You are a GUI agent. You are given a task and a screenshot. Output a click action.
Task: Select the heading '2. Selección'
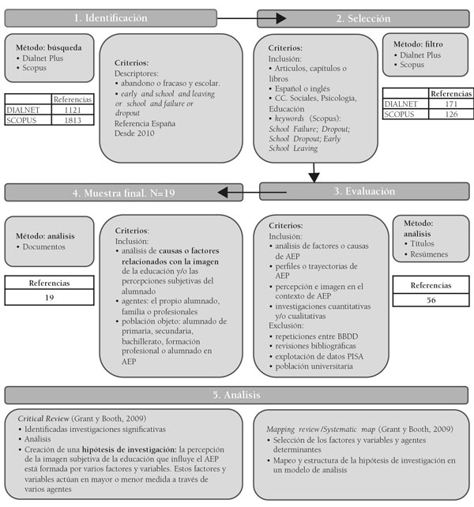[366, 17]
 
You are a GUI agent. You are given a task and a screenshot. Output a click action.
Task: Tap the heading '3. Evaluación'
[366, 191]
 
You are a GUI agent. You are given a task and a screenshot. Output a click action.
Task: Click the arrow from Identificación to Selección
[251, 17]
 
